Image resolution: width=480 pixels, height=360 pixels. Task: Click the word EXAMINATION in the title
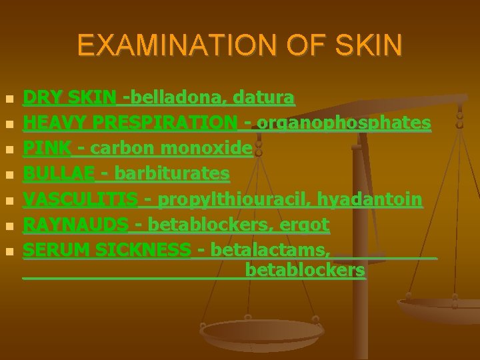click(161, 45)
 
